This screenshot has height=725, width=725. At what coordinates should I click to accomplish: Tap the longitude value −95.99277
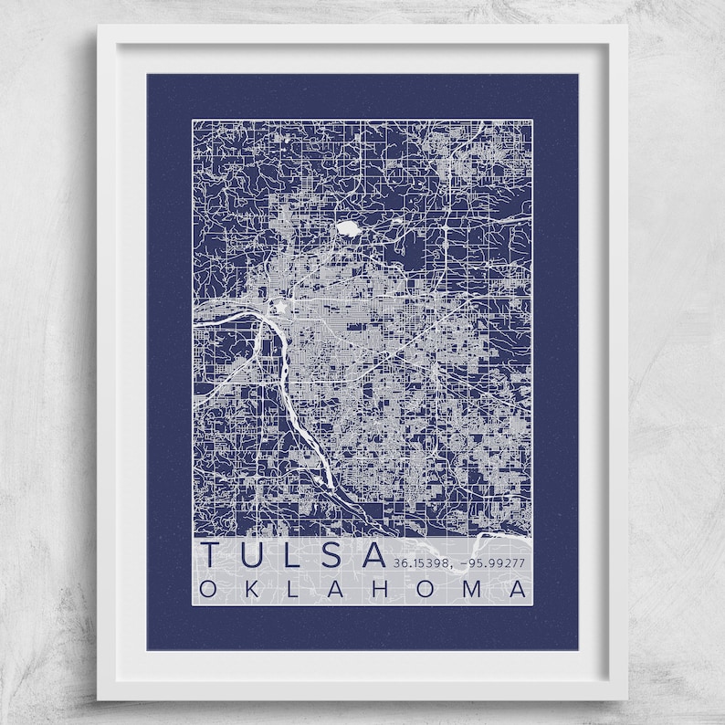(494, 562)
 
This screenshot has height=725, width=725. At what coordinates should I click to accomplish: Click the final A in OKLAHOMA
(518, 590)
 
